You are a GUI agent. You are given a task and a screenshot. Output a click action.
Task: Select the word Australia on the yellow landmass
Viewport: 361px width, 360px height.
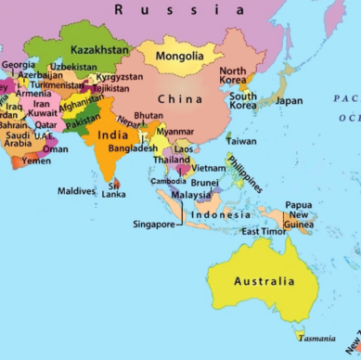point(264,281)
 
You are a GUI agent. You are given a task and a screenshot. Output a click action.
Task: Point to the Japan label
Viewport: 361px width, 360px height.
point(289,100)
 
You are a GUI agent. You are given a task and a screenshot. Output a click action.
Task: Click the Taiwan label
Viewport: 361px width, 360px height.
point(240,141)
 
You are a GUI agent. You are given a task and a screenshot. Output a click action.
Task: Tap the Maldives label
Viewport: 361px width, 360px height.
point(76,191)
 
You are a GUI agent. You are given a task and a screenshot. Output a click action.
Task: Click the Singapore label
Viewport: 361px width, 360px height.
point(153,224)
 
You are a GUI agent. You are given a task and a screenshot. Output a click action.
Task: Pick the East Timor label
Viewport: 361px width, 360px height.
point(262,231)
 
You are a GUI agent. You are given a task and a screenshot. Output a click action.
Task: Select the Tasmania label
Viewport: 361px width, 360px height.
point(317,338)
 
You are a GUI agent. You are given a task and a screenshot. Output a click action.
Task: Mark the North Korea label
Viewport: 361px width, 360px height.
point(233,76)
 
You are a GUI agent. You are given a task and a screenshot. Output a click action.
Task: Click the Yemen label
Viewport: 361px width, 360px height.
point(36,160)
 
